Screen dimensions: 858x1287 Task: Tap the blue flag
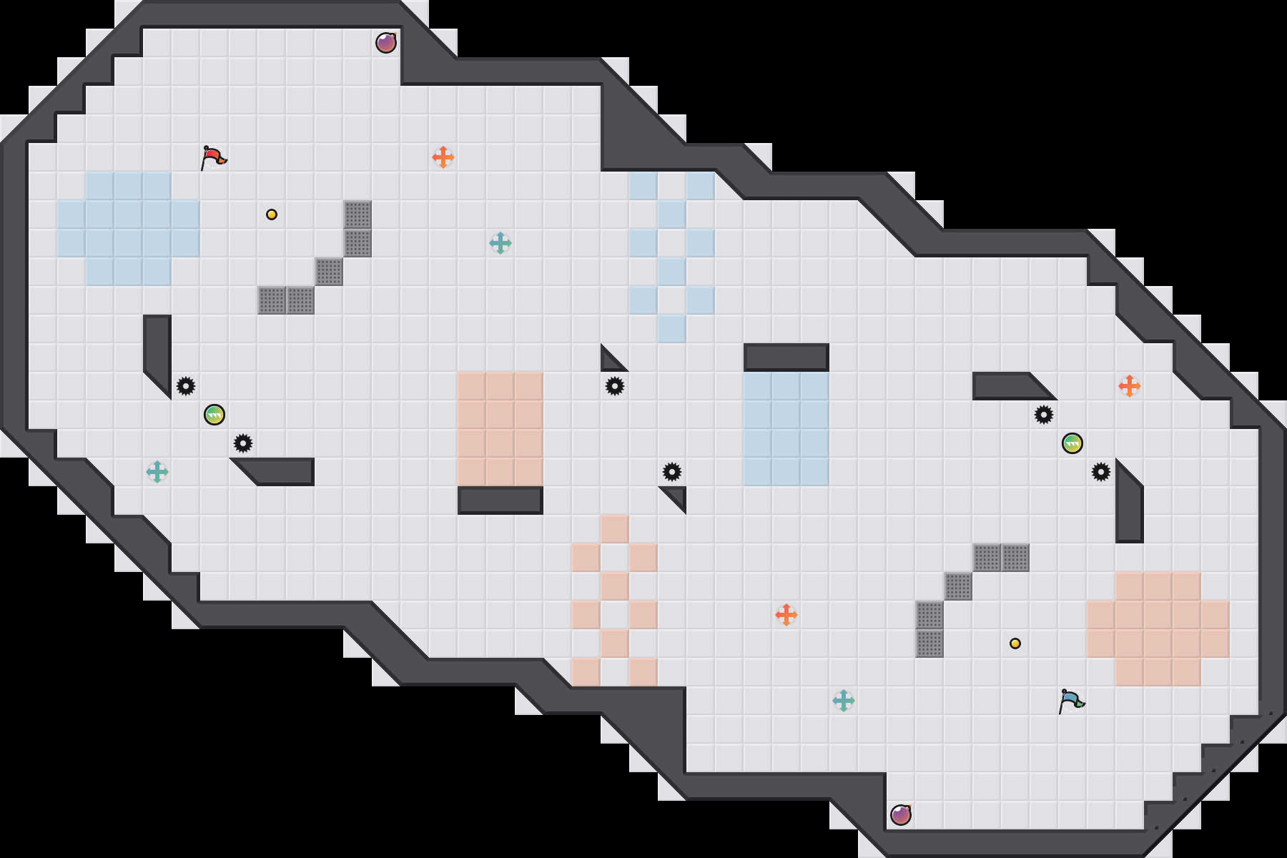pos(1071,701)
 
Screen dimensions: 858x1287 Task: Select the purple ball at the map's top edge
pos(386,43)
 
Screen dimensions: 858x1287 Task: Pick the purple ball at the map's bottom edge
pos(901,814)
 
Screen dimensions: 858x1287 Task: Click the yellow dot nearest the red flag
pos(272,214)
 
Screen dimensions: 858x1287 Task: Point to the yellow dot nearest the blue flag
pos(1015,643)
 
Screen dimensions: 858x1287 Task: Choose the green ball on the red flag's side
pos(214,415)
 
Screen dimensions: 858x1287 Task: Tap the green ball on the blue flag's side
pos(1072,443)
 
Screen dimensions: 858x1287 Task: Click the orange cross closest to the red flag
pos(443,157)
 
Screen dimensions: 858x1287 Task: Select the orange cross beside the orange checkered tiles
pos(786,615)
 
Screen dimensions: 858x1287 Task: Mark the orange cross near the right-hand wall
pos(1130,386)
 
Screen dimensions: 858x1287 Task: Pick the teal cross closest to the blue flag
pos(844,701)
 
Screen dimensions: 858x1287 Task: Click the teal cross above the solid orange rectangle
pos(500,243)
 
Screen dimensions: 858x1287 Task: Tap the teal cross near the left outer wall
pos(157,472)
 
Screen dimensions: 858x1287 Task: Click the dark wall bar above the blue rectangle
pos(786,357)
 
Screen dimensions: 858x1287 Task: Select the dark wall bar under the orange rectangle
pos(500,500)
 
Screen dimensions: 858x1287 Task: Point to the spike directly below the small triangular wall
pos(615,386)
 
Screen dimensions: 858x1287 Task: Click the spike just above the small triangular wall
pos(672,472)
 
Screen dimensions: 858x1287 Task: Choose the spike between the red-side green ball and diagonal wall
pos(243,443)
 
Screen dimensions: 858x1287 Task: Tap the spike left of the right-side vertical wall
pos(1101,472)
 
